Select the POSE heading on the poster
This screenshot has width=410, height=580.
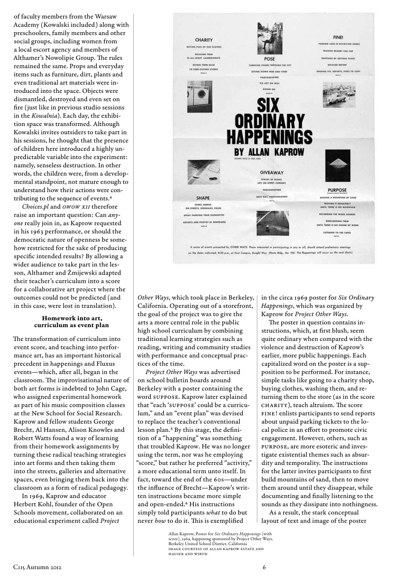(x=269, y=59)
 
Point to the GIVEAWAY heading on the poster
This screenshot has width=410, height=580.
(x=272, y=173)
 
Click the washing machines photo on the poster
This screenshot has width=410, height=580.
(x=199, y=97)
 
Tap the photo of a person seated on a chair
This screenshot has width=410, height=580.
(x=270, y=39)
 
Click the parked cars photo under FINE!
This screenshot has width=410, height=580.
(x=339, y=94)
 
